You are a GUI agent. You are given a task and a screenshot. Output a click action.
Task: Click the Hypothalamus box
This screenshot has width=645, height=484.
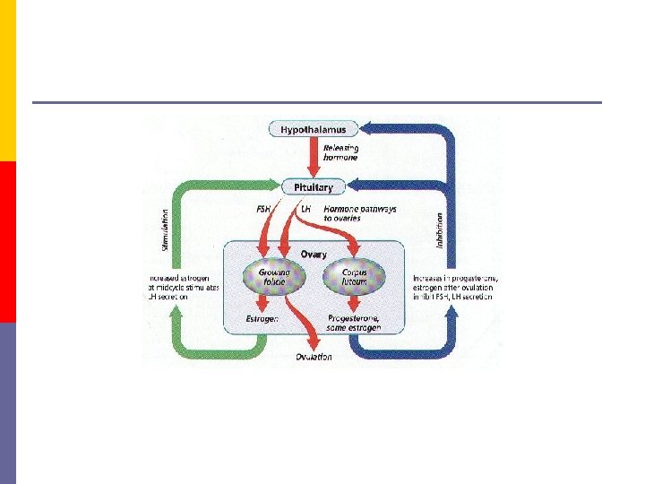click(x=314, y=130)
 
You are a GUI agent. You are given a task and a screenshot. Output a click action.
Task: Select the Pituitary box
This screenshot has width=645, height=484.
click(x=314, y=187)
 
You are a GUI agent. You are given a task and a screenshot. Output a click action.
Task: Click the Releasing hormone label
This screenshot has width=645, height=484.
click(x=340, y=152)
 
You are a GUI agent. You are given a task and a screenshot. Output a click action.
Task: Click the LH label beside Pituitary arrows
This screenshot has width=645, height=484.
click(x=305, y=209)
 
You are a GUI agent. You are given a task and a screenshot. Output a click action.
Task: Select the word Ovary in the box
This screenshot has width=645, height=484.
click(x=313, y=255)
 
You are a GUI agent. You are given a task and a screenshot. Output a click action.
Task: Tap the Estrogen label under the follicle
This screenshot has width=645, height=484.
click(x=262, y=319)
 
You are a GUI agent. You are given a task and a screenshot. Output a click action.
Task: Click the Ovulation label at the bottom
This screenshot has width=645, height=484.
click(x=314, y=357)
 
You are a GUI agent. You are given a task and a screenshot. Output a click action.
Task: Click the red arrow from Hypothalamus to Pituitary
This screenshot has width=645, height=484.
click(x=314, y=157)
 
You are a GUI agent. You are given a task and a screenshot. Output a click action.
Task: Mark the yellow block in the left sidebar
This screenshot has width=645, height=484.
click(x=7, y=81)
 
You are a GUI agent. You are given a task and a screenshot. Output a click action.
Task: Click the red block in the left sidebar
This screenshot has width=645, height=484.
click(x=7, y=242)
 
